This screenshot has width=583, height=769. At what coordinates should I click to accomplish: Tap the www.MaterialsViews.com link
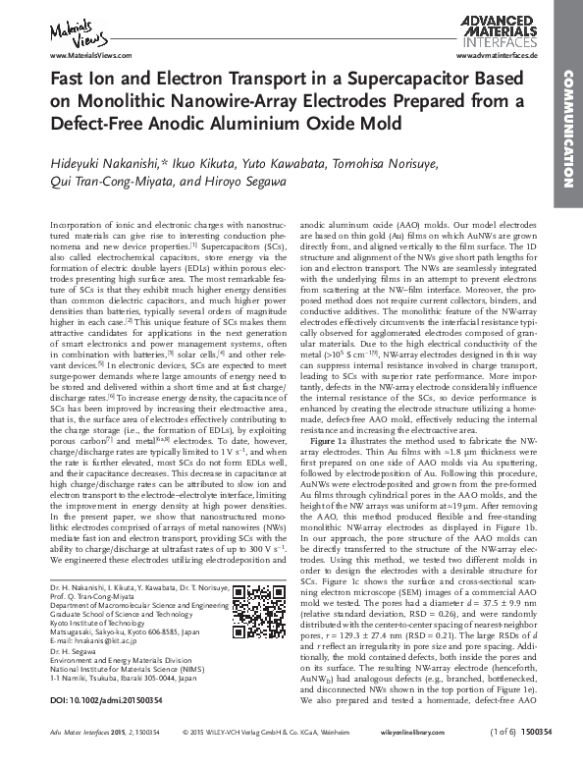tap(85, 57)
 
